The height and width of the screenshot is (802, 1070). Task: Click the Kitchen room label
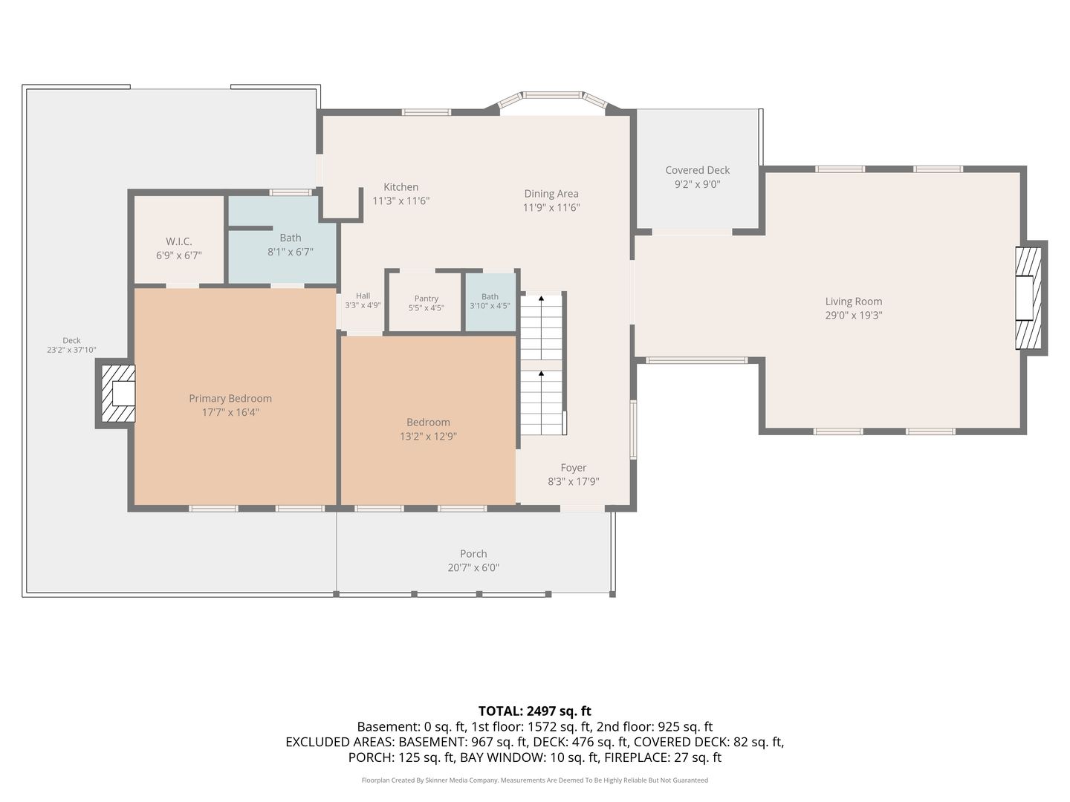(x=401, y=187)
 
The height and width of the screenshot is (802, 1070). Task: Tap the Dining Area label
(x=551, y=194)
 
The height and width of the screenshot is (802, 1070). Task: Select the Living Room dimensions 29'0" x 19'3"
(x=854, y=315)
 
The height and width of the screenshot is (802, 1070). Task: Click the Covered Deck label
(x=698, y=171)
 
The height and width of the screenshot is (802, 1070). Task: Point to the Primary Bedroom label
(x=230, y=399)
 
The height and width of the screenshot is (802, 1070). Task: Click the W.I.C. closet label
(x=179, y=241)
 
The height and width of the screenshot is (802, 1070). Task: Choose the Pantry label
(x=427, y=299)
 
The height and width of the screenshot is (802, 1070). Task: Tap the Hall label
(x=363, y=296)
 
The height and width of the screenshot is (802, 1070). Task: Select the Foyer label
(x=573, y=468)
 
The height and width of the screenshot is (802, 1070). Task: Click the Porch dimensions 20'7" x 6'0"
(x=473, y=568)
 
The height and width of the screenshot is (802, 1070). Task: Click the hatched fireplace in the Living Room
(x=1028, y=298)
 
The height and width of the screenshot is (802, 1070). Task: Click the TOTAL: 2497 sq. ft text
(x=535, y=711)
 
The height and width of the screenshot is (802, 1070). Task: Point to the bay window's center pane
(x=552, y=95)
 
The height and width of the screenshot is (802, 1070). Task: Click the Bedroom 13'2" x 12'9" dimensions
(x=428, y=437)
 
